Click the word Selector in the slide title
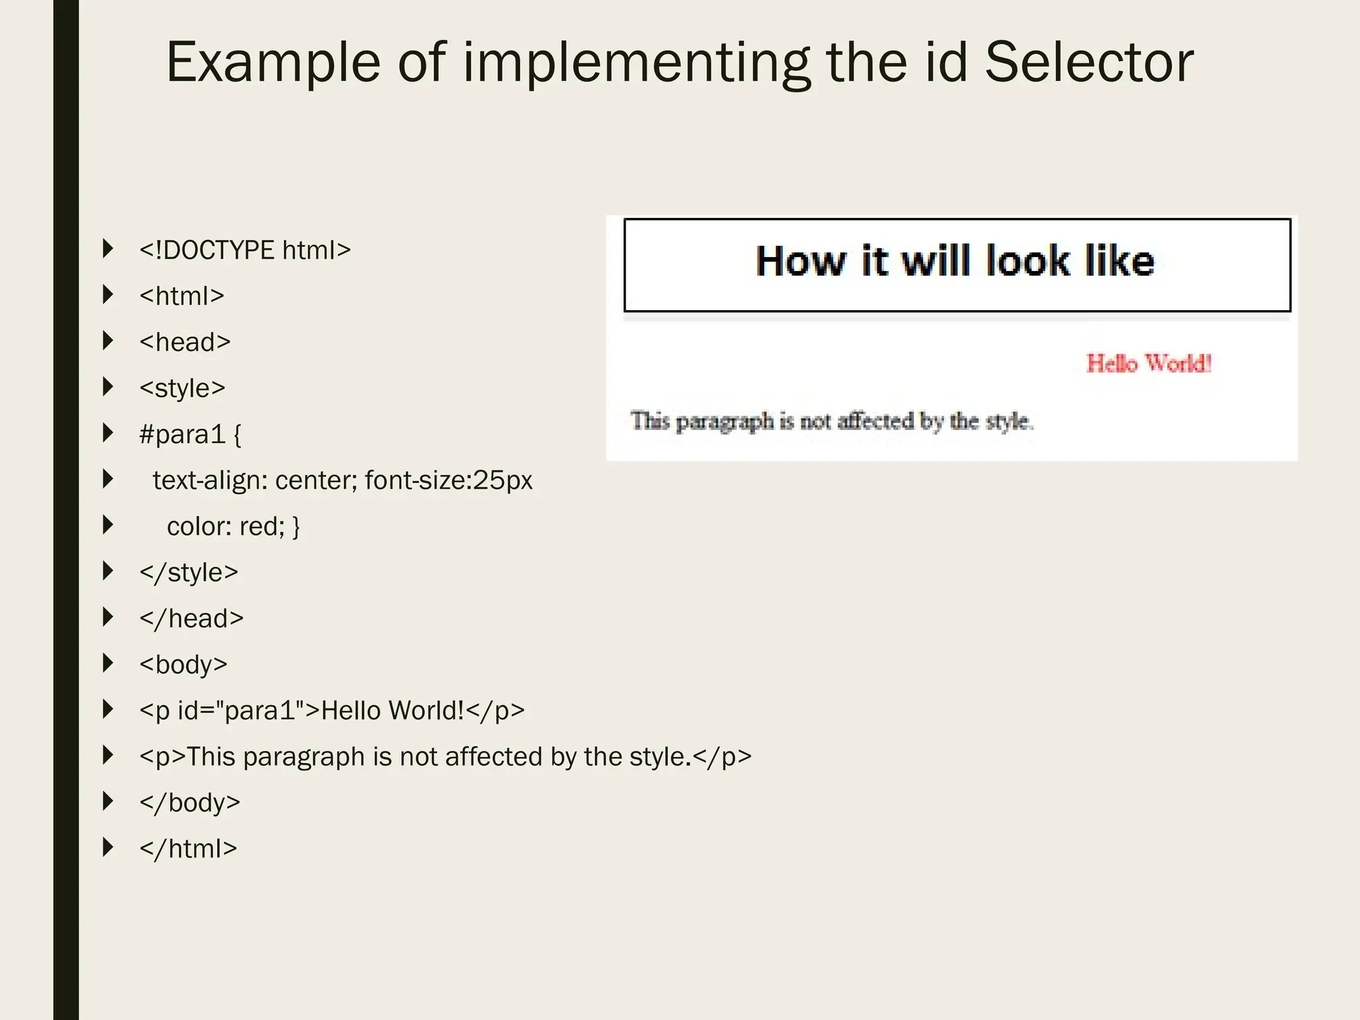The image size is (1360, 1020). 1089,62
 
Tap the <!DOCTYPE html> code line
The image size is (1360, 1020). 244,250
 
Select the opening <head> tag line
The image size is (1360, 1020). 185,343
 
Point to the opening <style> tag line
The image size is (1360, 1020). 182,388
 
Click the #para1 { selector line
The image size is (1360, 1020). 191,434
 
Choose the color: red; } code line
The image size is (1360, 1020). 233,527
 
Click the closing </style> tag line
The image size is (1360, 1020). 189,572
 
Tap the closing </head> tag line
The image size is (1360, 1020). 191,619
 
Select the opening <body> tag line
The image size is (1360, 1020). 183,665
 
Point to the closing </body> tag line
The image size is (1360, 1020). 189,803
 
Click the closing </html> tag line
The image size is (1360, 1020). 188,849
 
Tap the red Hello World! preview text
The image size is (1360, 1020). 1149,363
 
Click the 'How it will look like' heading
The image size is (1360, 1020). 955,261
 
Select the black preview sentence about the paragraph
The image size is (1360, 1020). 832,421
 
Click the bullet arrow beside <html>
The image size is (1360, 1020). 108,295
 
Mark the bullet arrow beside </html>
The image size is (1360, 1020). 108,847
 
